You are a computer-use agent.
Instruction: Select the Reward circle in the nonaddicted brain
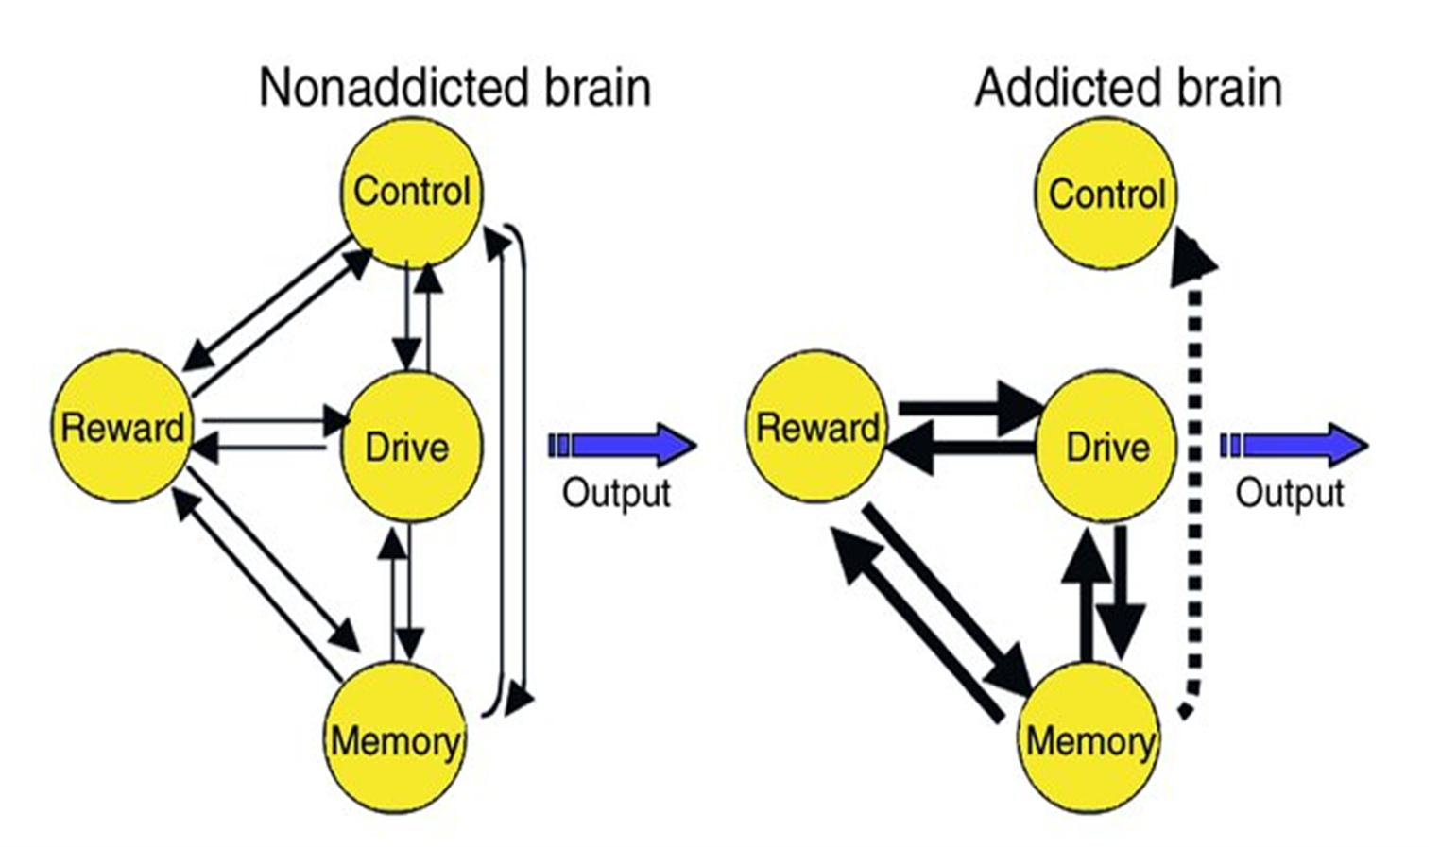click(121, 427)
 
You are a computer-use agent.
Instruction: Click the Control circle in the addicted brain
click(1106, 194)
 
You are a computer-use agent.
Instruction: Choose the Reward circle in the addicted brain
click(816, 427)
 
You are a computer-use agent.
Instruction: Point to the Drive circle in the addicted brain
click(1106, 446)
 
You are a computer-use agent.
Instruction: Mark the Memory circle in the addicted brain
click(1089, 739)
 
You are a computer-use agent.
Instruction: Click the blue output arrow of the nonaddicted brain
click(624, 445)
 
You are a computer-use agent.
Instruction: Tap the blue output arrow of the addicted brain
click(1294, 445)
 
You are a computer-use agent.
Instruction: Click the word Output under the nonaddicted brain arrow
click(616, 493)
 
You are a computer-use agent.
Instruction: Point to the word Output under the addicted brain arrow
click(1289, 493)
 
